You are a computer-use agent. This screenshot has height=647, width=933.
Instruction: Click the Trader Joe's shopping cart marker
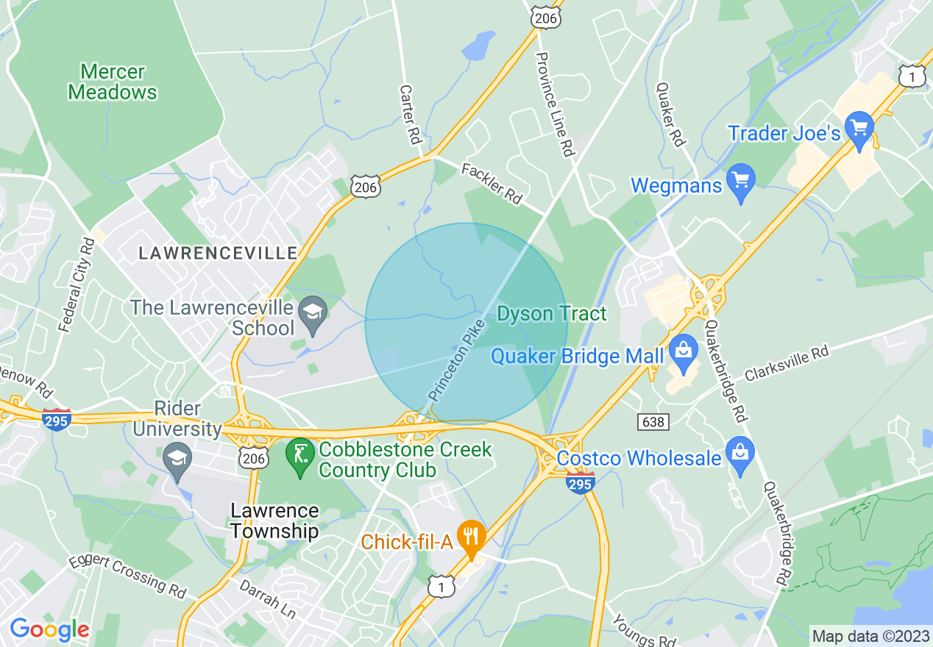(x=858, y=129)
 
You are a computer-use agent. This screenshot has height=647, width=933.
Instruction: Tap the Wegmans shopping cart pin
(x=741, y=181)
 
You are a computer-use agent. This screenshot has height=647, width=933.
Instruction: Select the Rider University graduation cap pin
(x=177, y=460)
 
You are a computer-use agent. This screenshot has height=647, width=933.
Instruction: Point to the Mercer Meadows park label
(x=113, y=82)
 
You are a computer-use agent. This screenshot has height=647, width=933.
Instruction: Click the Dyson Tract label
(x=552, y=314)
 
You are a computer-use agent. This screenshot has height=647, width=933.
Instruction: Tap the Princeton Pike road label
(x=457, y=360)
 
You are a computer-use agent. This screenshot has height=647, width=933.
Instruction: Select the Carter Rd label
(x=408, y=113)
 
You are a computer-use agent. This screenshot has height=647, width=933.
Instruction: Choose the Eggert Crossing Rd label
(x=128, y=574)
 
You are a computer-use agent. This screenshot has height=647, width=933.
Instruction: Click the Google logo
(x=49, y=629)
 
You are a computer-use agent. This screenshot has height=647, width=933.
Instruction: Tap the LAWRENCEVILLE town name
(x=218, y=254)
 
